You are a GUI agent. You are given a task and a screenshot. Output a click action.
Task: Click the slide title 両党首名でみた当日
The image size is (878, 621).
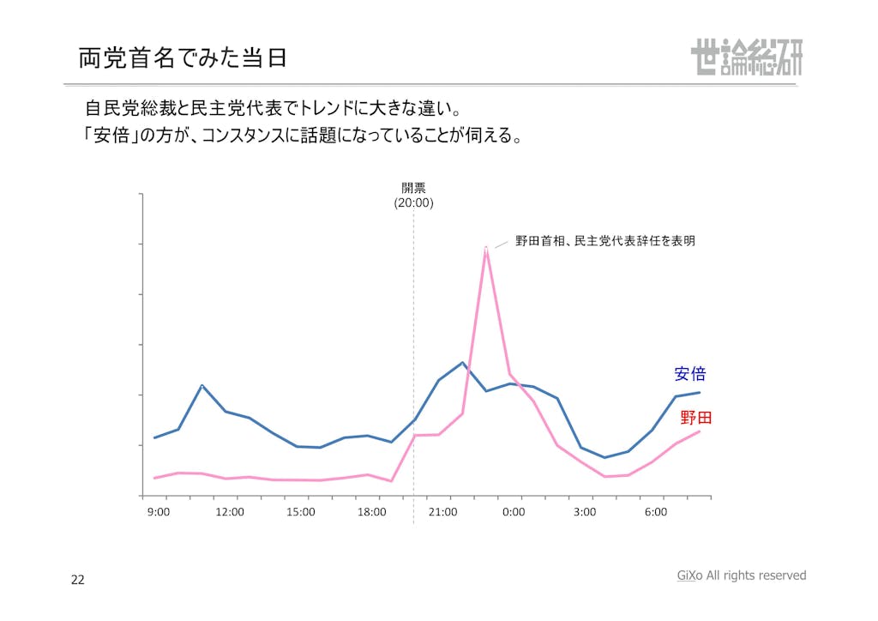(182, 57)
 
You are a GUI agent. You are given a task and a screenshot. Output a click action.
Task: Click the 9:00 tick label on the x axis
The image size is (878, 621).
(159, 512)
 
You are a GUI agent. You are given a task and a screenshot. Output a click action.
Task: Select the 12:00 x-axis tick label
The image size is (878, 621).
(230, 512)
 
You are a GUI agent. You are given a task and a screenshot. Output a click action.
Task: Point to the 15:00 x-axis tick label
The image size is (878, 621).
(301, 512)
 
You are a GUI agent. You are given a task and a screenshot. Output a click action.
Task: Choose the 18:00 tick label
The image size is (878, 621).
(372, 512)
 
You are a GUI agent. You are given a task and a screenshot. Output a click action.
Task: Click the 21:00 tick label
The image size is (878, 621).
(443, 512)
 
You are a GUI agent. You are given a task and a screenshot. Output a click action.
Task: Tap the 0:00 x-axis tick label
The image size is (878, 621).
(514, 512)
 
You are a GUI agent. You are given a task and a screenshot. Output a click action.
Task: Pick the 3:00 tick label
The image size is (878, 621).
(585, 512)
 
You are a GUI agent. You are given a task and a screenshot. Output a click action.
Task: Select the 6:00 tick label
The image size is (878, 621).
(656, 512)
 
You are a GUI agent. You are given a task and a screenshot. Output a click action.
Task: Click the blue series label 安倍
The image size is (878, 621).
(690, 374)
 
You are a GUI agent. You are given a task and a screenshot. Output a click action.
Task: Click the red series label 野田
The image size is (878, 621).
(695, 418)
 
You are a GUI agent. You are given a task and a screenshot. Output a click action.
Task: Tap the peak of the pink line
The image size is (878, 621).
(486, 247)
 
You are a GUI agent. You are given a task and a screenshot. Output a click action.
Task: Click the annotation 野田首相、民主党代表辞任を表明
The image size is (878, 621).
(604, 241)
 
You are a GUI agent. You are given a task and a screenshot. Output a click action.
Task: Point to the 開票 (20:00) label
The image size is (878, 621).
(414, 196)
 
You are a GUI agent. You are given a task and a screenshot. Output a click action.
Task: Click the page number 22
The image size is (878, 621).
(78, 580)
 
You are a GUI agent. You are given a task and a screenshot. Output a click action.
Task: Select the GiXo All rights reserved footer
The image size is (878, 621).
(742, 576)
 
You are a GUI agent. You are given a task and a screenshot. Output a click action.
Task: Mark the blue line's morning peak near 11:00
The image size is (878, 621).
(201, 385)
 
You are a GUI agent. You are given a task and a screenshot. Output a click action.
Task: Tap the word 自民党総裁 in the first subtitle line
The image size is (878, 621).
(128, 109)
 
